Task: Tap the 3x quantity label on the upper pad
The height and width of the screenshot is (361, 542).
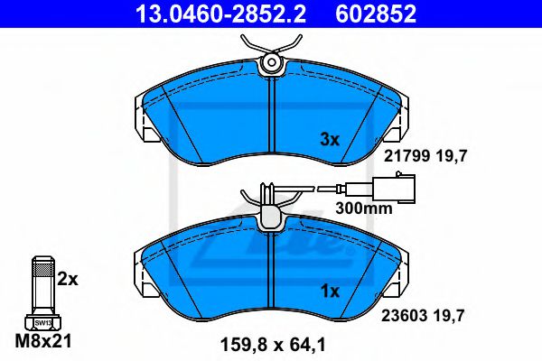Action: tap(330, 140)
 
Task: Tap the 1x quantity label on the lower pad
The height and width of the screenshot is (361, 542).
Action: tap(330, 292)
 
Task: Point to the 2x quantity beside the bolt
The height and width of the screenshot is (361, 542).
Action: tap(68, 280)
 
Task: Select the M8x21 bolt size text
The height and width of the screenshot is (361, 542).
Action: tap(42, 343)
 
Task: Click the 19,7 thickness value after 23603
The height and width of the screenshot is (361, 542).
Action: tap(455, 317)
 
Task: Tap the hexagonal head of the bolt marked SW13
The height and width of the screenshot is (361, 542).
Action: tap(42, 320)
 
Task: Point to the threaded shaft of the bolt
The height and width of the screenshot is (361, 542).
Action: tap(42, 283)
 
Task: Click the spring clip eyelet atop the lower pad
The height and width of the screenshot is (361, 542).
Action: tap(269, 217)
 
